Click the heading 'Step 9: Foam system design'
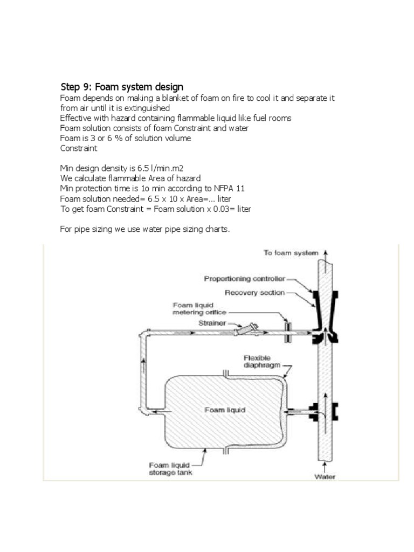121,87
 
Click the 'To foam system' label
291,252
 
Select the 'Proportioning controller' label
242,279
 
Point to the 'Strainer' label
211,324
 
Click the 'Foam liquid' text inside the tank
225,410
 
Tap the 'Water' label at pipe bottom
325,477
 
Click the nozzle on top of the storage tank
227,372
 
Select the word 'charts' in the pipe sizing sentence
216,230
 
